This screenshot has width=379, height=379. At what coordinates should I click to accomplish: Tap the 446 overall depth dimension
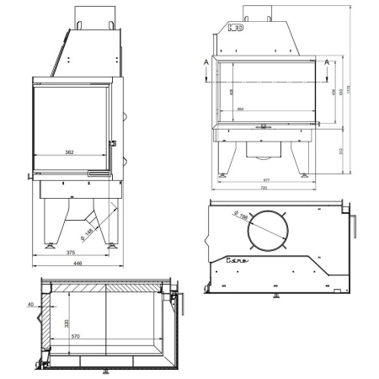tap(77, 264)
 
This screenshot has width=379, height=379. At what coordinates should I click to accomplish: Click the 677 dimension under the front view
tap(265, 180)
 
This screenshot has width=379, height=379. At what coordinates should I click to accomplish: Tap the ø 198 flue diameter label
tap(244, 216)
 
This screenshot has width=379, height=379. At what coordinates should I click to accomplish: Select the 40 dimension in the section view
tap(30, 304)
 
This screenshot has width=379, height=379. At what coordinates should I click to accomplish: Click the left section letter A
tap(206, 61)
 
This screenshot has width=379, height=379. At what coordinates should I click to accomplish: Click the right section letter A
tap(328, 61)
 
